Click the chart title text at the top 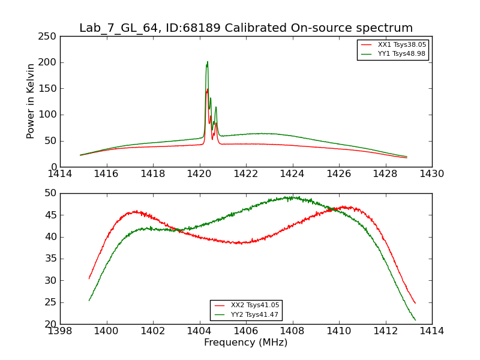[246, 28]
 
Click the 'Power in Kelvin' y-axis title [31, 101]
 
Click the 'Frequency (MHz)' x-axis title [246, 343]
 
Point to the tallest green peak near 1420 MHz [208, 62]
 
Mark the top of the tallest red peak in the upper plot [208, 89]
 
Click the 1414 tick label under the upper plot [60, 173]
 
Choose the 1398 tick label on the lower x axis [60, 331]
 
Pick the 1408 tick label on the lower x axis [293, 331]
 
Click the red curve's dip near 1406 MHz [240, 243]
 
